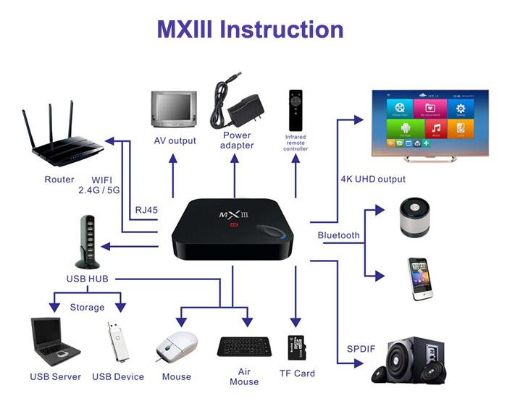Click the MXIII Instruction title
pyautogui.click(x=251, y=30)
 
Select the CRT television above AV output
pyautogui.click(x=172, y=109)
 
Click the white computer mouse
pyautogui.click(x=177, y=347)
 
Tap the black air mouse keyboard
pyautogui.click(x=244, y=347)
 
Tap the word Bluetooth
pyautogui.click(x=339, y=235)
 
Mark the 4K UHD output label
pyautogui.click(x=372, y=179)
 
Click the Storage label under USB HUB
pyautogui.click(x=87, y=307)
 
